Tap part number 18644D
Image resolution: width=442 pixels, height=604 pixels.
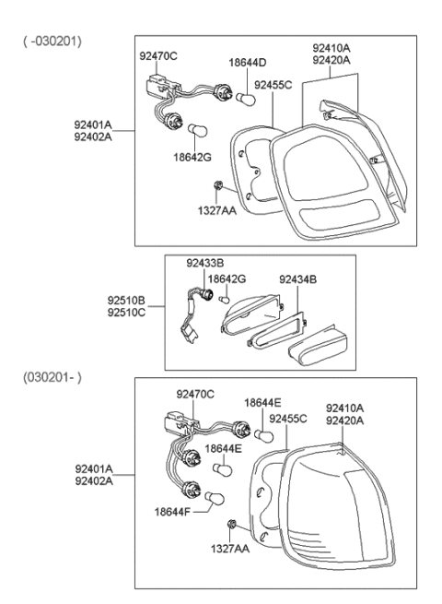tap(247, 62)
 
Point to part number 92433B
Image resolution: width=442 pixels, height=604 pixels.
tap(205, 264)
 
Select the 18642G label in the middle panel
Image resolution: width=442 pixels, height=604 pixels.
tap(226, 278)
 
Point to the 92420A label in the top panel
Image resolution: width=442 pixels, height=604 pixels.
tap(330, 60)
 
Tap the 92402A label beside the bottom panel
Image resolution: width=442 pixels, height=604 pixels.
tap(95, 480)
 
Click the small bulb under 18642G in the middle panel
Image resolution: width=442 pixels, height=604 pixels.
tap(222, 298)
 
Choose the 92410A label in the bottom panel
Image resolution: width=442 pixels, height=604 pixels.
tap(344, 407)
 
